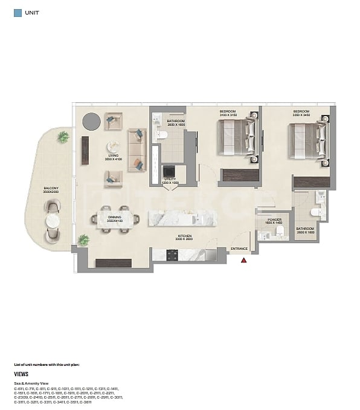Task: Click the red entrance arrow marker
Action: pos(244,260)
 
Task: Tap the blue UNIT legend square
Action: pos(18,12)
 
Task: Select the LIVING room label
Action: pos(114,157)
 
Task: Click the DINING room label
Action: pos(115,219)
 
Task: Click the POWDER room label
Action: pos(274,221)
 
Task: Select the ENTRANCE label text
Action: pos(239,249)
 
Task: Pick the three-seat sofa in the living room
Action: pos(137,149)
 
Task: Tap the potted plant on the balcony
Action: pos(63,137)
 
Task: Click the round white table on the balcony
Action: pos(53,221)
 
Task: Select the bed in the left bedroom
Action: pos(236,137)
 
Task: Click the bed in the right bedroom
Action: pos(309,141)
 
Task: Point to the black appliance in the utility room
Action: pos(170,171)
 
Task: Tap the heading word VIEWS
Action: pos(21,374)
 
